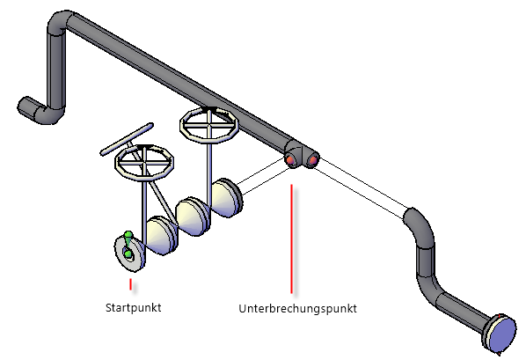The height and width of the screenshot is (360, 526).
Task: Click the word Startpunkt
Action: point(133,307)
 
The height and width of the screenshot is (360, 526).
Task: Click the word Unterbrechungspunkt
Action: point(297,309)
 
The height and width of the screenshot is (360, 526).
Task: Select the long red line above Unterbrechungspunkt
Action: point(291,239)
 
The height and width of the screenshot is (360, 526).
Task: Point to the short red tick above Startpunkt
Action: point(130,284)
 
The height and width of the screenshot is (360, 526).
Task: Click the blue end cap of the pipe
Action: point(503,334)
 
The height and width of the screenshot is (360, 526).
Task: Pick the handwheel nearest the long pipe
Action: point(209,124)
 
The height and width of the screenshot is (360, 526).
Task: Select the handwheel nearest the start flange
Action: point(144,162)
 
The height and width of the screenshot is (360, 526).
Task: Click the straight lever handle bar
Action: point(127,139)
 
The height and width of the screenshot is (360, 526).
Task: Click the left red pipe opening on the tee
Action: point(291,160)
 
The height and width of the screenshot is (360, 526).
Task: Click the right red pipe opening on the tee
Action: point(312,160)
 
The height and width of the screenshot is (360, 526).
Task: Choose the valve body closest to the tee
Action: point(226,198)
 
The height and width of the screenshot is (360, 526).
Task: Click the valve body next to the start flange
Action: point(162,236)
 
